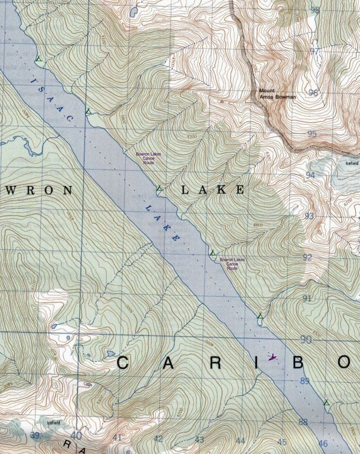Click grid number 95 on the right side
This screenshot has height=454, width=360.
(x=312, y=134)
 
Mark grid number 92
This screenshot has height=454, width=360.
(x=307, y=258)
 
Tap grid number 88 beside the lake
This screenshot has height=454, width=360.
(x=303, y=422)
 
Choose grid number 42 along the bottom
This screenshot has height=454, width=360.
(x=158, y=439)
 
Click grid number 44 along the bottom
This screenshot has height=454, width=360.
(x=240, y=441)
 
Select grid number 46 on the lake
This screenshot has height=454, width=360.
(x=323, y=444)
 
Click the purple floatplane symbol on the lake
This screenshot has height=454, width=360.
(x=272, y=358)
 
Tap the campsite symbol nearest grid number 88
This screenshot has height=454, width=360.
(x=326, y=402)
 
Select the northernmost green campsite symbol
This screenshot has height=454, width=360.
(x=39, y=58)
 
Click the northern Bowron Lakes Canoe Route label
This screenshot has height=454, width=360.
(x=145, y=158)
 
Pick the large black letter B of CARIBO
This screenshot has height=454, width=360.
(x=298, y=362)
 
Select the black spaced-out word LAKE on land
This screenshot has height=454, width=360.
(x=212, y=190)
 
